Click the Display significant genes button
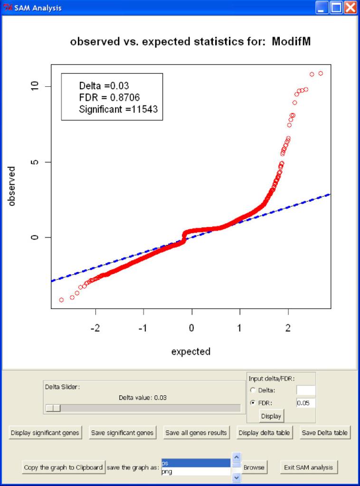(45, 433)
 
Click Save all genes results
(196, 433)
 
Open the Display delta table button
(264, 433)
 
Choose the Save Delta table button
(325, 433)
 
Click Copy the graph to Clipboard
(63, 467)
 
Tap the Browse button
(254, 467)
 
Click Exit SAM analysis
(309, 467)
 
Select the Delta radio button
(253, 390)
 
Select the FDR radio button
(253, 403)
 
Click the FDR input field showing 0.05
(305, 403)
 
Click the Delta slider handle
(53, 408)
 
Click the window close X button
(351, 8)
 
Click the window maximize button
(336, 8)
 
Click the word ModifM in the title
(291, 42)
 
